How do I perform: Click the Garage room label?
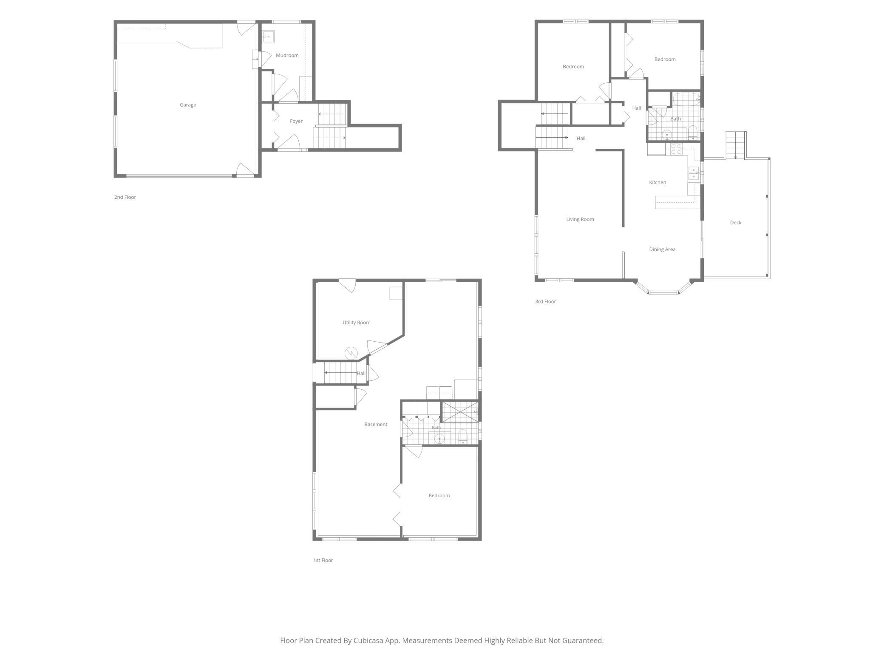coord(188,105)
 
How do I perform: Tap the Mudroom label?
coord(287,55)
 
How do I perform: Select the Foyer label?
coord(296,121)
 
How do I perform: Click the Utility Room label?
coord(357,323)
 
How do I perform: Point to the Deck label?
coord(736,222)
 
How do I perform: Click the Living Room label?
coord(580,219)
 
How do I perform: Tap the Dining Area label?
coord(662,249)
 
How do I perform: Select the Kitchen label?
coord(657,182)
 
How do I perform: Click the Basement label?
coord(376,424)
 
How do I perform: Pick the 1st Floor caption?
coord(323,560)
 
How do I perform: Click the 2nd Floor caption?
coord(125,197)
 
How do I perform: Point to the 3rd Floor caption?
coord(545,301)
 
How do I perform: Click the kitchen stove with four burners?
coord(676,149)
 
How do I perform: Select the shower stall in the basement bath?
coord(460,411)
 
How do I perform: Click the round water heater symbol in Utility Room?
coord(351,353)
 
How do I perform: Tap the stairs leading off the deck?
coord(736,145)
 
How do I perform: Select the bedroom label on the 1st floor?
coord(439,496)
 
